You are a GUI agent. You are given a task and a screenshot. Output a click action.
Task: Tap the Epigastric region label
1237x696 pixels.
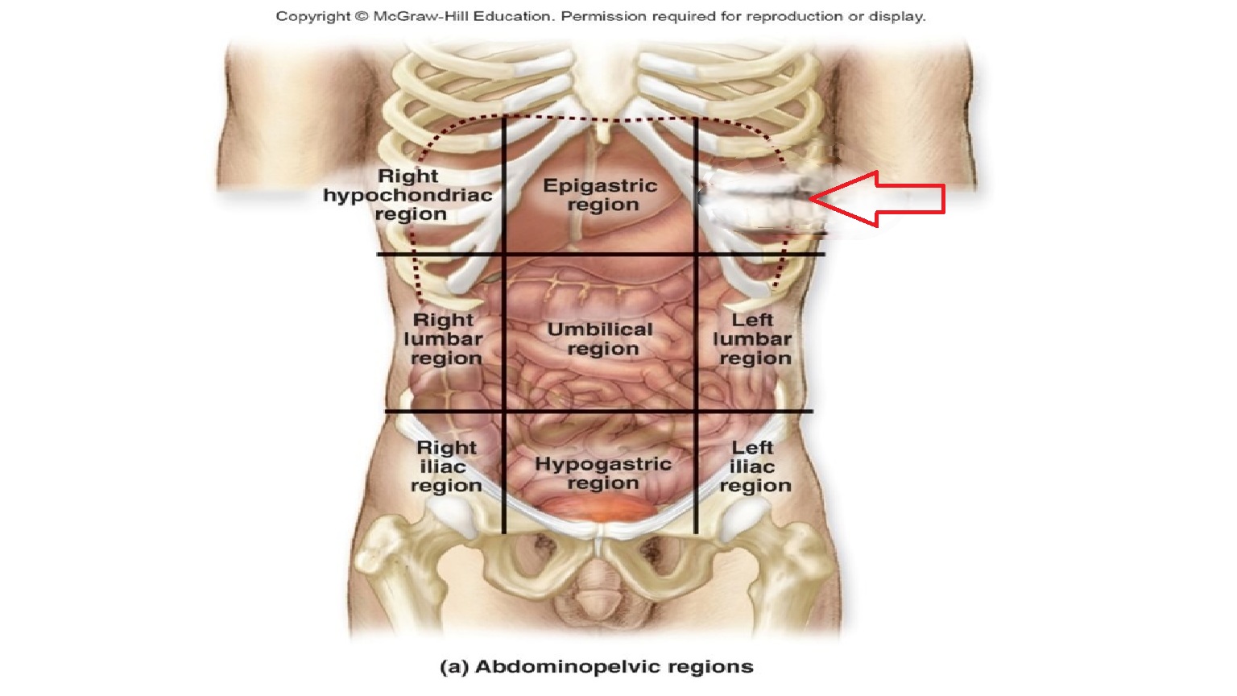tap(601, 195)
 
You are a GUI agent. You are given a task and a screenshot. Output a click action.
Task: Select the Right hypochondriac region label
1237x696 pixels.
tap(408, 195)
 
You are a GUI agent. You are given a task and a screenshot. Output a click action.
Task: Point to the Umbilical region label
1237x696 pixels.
tap(601, 339)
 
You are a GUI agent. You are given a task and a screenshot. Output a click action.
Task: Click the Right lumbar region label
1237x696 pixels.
tap(444, 339)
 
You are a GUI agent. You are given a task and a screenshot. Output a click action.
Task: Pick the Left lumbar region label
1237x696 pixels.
tap(753, 339)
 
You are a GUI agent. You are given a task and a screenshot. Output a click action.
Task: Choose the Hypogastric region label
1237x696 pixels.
tap(603, 474)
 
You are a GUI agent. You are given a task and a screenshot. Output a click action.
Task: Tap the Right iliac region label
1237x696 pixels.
tap(446, 466)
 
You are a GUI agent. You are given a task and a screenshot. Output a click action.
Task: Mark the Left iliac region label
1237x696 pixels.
tap(755, 466)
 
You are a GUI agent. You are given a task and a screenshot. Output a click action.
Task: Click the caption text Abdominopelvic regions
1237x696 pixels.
tap(614, 667)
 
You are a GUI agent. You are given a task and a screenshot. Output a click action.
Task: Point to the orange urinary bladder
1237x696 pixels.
tap(595, 507)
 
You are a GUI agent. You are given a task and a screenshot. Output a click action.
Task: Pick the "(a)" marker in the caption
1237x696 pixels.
tap(454, 667)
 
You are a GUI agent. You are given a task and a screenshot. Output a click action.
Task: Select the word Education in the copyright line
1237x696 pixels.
tap(507, 16)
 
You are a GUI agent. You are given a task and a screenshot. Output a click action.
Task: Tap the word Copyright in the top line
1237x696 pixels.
tap(312, 16)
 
